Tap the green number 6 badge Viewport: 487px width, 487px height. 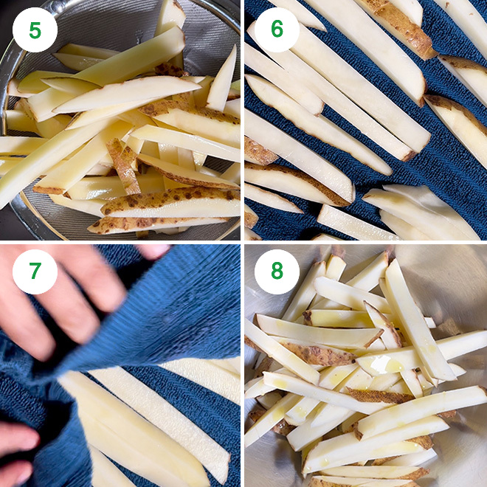point(277,30)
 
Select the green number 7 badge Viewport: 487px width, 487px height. point(35,272)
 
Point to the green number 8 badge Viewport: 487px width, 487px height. point(277,272)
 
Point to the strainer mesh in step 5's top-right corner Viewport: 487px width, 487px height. point(221,30)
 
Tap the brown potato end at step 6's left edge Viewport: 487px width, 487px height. point(258,153)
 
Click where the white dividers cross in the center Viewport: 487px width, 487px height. point(243,243)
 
